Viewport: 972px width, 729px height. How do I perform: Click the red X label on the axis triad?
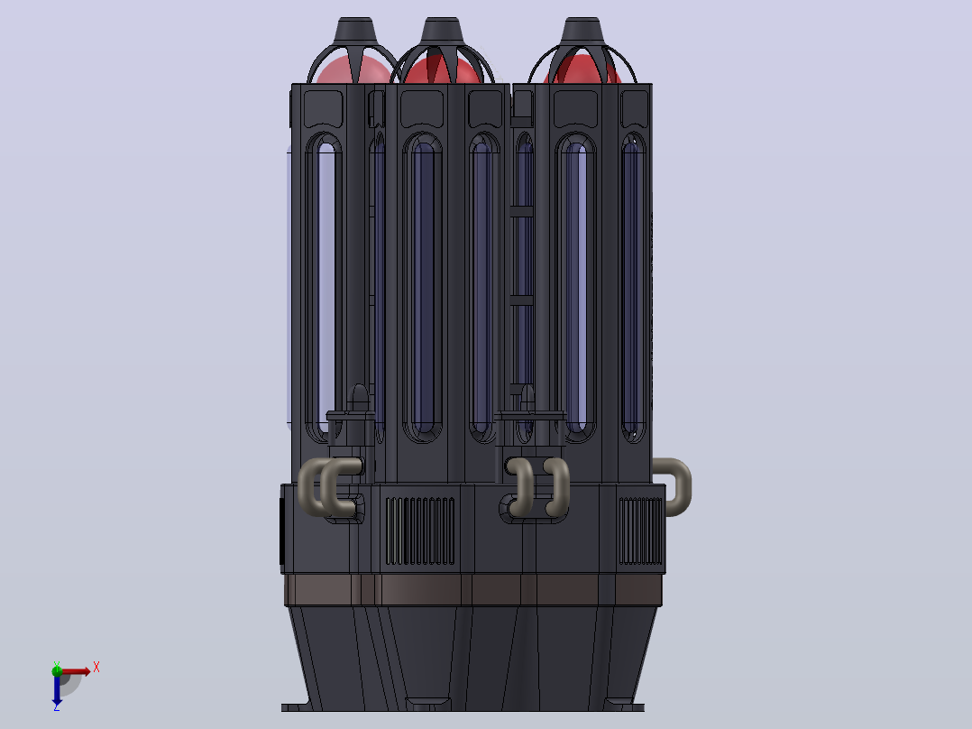point(96,668)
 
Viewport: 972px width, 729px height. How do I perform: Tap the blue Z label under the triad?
point(57,706)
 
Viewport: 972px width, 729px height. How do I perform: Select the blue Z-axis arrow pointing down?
point(57,688)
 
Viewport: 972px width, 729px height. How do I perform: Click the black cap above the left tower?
point(356,31)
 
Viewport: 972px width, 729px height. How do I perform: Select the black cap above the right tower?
point(582,31)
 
